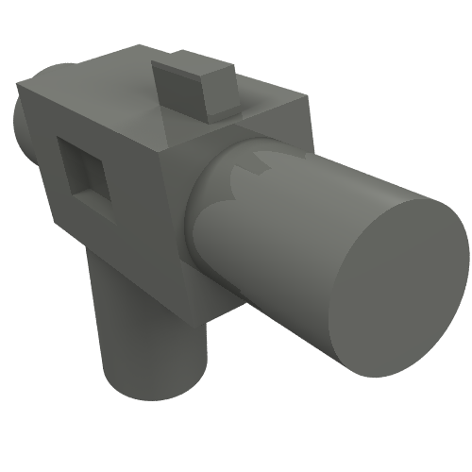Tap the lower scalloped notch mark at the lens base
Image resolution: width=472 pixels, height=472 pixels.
[x=227, y=198]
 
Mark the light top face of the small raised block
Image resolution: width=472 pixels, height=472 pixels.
[x=194, y=70]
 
